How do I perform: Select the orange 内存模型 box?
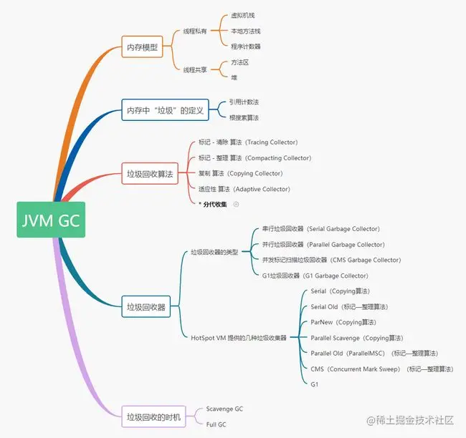click(x=143, y=49)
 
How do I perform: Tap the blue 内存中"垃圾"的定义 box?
click(x=165, y=110)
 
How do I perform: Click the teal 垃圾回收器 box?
click(x=146, y=307)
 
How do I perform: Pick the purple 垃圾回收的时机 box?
click(x=154, y=417)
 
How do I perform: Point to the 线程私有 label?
click(x=195, y=31)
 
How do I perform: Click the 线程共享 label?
click(x=195, y=69)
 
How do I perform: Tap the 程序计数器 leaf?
click(x=245, y=47)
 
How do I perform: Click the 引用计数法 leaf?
click(x=244, y=102)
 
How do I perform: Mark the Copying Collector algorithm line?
click(x=240, y=173)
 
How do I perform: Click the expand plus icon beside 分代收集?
click(x=236, y=204)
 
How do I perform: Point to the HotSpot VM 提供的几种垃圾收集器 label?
click(x=239, y=338)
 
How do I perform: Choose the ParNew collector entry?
click(x=343, y=322)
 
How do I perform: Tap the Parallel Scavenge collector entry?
click(x=356, y=338)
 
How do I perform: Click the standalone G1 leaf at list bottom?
click(x=315, y=384)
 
